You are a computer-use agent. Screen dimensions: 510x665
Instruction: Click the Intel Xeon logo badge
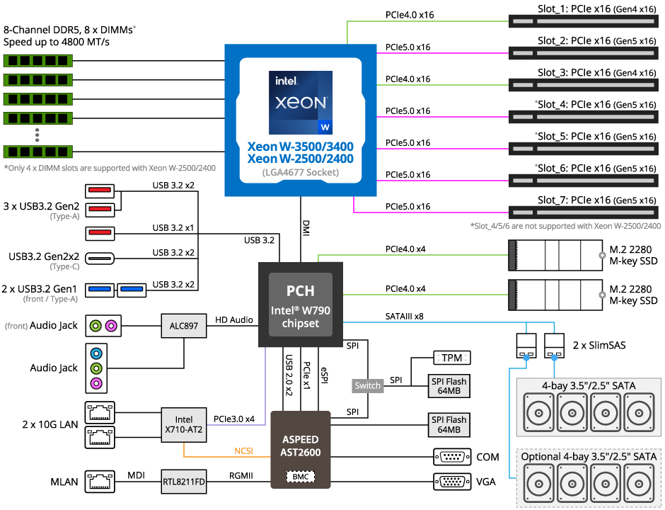[x=301, y=102]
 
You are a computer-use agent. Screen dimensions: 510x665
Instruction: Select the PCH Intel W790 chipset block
[x=301, y=305]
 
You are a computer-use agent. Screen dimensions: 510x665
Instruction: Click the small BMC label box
[x=300, y=477]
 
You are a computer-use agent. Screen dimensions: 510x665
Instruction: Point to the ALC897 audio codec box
[x=183, y=327]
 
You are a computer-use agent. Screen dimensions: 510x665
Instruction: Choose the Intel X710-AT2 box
[x=183, y=425]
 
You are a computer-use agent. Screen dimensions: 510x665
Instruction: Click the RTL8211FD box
[x=183, y=483]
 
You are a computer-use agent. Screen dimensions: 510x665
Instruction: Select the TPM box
[x=451, y=358]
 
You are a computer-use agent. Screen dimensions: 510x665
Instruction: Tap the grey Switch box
[x=368, y=386]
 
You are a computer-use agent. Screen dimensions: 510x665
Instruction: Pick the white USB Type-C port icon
[x=100, y=259]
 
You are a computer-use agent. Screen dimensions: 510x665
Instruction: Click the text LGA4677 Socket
[x=301, y=172]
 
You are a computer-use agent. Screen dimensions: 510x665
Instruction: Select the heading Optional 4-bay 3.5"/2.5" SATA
[x=589, y=457]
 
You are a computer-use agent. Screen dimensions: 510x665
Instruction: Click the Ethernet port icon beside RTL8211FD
[x=100, y=482]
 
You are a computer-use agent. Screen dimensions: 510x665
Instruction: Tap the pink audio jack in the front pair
[x=110, y=327]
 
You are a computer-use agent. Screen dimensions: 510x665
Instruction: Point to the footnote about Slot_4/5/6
[x=565, y=226]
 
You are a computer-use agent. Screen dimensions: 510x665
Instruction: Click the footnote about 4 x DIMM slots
[x=110, y=169]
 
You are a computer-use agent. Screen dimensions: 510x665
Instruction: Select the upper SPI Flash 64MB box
[x=449, y=386]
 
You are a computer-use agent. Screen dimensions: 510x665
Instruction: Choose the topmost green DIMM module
[x=38, y=61]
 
